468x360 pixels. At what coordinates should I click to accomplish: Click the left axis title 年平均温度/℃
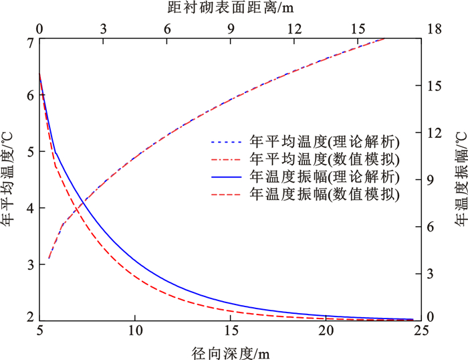point(9,180)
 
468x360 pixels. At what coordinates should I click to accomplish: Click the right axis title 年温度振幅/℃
point(461,180)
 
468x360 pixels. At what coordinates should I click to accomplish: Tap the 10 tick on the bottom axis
point(135,331)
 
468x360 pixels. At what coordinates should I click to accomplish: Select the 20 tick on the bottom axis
point(326,331)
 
